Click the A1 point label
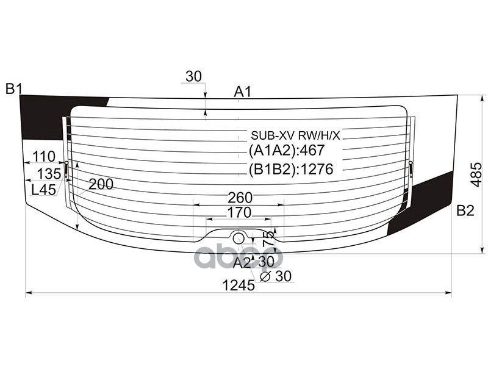tap(243, 92)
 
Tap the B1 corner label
tap(14, 89)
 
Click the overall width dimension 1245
tap(239, 285)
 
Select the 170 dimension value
tap(239, 213)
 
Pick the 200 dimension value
tap(101, 184)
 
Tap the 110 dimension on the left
tap(44, 156)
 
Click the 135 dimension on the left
tap(49, 173)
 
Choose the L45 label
tap(44, 190)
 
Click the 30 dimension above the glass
tap(193, 76)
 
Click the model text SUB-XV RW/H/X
tap(295, 135)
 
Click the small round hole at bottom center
tap(239, 237)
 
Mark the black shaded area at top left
tap(43, 116)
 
